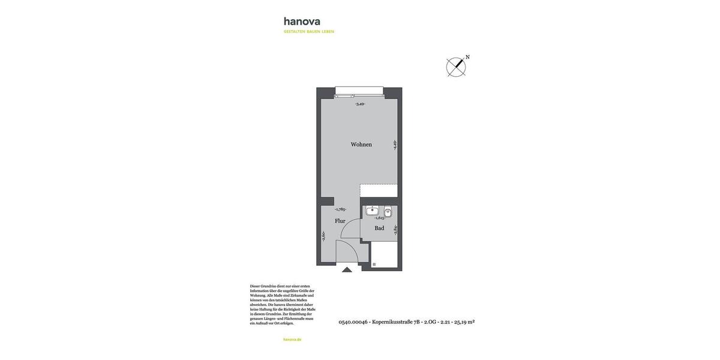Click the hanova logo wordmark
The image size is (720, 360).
tap(302, 22)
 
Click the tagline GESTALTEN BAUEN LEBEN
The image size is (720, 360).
tap(308, 32)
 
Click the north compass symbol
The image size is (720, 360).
tap(456, 67)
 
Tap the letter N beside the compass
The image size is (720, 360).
tap(467, 58)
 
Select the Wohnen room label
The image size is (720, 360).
tap(361, 145)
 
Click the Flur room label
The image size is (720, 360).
tap(340, 221)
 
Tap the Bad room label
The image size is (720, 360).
tap(379, 228)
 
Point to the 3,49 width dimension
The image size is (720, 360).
tap(360, 104)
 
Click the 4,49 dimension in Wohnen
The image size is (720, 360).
tap(395, 145)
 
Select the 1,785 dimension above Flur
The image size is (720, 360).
tap(340, 209)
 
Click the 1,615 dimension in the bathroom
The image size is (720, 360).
tap(380, 218)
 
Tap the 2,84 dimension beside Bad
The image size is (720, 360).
tap(395, 229)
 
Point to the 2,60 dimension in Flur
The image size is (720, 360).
tap(323, 236)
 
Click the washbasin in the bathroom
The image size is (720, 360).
tap(372, 211)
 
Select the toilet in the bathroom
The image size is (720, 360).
tap(388, 211)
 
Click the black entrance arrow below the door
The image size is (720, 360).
tap(347, 270)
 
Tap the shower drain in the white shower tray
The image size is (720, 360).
tap(374, 264)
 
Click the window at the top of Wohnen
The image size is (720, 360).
tap(359, 91)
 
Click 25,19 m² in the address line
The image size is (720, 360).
tap(464, 322)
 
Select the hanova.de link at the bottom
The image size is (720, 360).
tap(292, 340)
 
